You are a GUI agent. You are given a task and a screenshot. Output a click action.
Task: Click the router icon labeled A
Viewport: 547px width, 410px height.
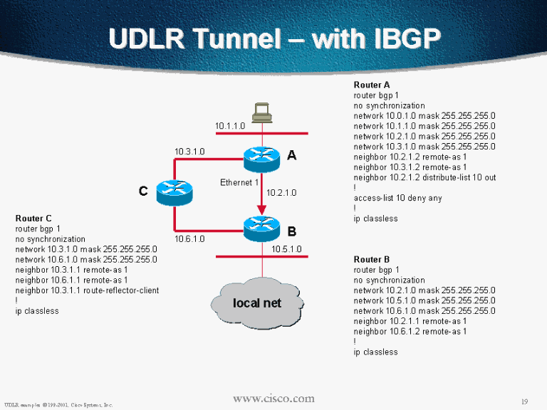(x=261, y=159)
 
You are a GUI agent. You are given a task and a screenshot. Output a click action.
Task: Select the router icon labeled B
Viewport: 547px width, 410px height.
(x=261, y=228)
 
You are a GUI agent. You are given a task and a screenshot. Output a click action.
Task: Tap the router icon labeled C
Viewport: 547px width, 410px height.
(x=174, y=190)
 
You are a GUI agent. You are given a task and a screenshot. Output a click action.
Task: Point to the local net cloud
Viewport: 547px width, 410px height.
(x=257, y=303)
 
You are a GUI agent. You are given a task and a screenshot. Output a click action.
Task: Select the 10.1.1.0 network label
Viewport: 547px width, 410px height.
(x=230, y=126)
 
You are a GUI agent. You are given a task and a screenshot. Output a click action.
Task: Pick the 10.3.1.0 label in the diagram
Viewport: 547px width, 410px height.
(x=189, y=152)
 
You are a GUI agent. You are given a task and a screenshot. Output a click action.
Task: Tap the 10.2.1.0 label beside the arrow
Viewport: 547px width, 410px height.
(x=281, y=192)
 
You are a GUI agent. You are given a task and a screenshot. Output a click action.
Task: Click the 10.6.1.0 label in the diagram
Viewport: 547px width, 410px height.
(x=189, y=239)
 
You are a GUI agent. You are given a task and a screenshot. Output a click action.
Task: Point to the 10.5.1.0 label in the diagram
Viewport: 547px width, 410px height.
(x=286, y=249)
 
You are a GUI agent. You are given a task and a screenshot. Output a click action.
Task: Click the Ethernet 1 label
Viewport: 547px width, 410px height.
(x=239, y=183)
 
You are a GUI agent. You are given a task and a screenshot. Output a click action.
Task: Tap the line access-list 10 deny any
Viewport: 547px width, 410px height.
(x=397, y=198)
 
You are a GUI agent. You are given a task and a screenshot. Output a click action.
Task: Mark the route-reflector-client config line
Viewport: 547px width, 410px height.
(x=87, y=290)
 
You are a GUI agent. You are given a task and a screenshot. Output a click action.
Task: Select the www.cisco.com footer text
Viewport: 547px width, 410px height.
(x=273, y=399)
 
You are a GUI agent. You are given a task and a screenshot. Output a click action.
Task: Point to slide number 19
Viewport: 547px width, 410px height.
(x=524, y=402)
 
